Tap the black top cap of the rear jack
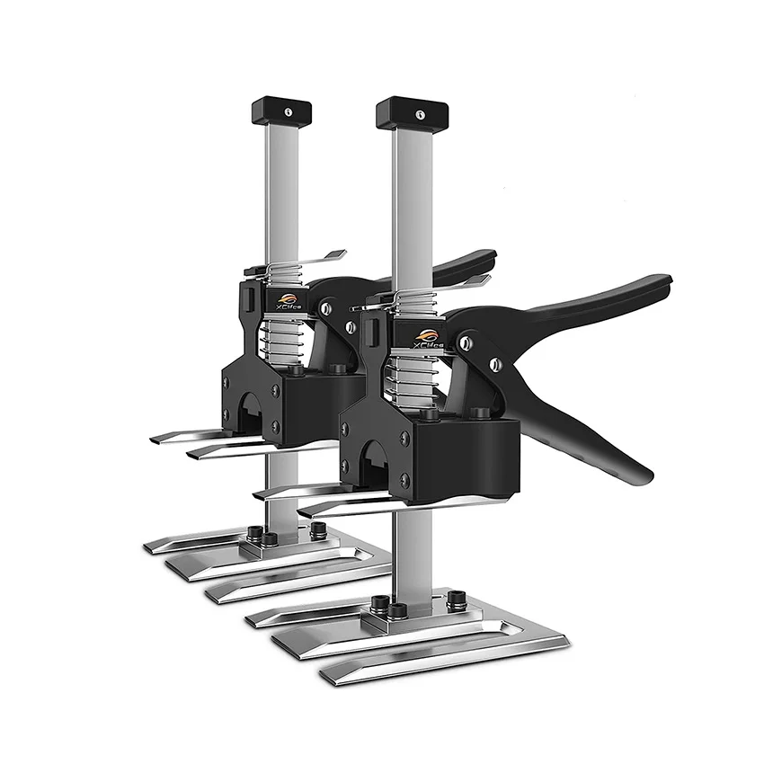click(x=281, y=111)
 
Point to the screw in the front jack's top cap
click(x=419, y=115)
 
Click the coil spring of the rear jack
click(x=286, y=339)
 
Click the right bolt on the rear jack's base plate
click(x=317, y=530)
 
